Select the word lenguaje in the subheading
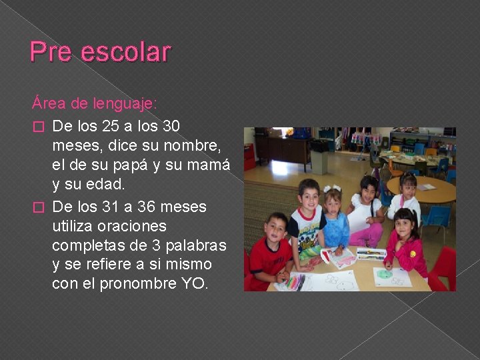pos(124,104)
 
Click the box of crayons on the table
pos(371,254)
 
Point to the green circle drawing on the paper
pos(385,273)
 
